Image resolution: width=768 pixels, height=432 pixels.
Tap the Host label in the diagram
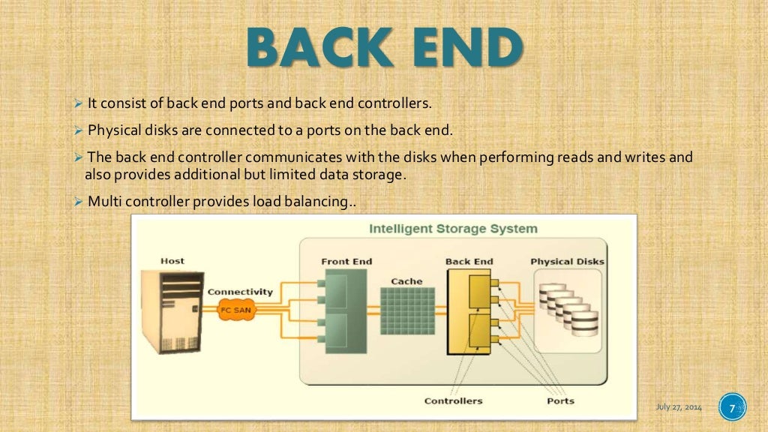pos(172,261)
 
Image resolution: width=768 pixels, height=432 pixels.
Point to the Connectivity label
pos(240,292)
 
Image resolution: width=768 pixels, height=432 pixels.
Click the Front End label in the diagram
pos(346,262)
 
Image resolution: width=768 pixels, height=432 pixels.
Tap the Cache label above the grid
pos(406,281)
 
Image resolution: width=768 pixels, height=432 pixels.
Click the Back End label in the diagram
pos(469,262)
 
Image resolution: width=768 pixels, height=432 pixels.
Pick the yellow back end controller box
pos(468,311)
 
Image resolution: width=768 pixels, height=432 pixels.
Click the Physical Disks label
pos(567,262)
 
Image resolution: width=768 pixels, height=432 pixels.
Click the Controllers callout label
pos(453,400)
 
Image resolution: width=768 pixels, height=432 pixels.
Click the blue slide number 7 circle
pos(732,408)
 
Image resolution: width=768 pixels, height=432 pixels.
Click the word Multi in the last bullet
pos(103,201)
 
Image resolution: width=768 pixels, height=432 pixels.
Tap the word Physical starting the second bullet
pos(115,130)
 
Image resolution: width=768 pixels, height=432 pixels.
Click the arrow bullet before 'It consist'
pos(80,103)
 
